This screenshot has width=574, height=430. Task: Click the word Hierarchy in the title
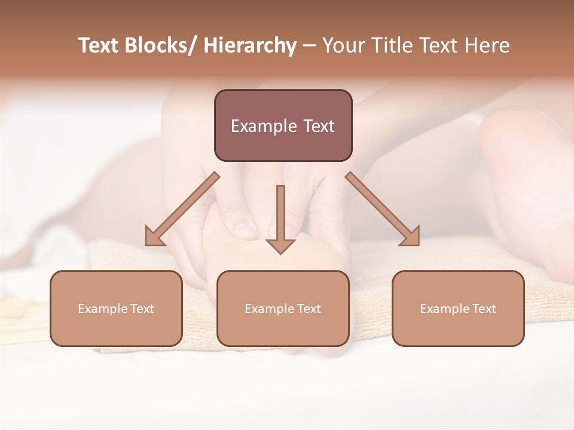point(250,46)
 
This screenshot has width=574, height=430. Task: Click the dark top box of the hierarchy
point(283,125)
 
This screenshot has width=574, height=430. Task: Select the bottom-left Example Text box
point(116,308)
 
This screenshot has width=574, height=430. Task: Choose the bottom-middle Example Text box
point(283,308)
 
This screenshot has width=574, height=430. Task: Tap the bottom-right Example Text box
point(458,308)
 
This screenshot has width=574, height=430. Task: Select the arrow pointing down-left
point(182,209)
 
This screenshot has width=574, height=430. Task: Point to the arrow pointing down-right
point(383,209)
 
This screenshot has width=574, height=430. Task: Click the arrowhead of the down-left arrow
point(154,236)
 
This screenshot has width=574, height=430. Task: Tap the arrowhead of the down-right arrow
point(411,236)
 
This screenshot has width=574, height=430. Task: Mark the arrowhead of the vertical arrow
point(280,245)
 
